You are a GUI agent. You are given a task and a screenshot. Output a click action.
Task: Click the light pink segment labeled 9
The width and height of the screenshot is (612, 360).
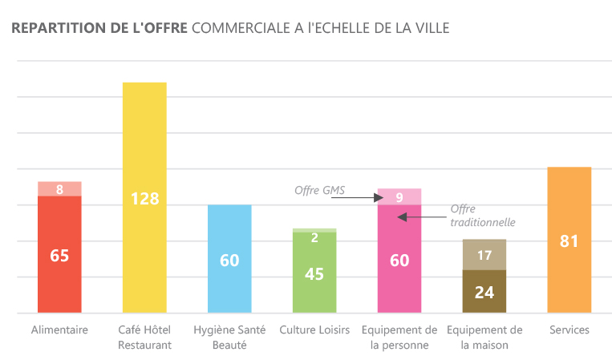[399, 196]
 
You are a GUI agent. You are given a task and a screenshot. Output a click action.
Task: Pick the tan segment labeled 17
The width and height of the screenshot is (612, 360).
[484, 255]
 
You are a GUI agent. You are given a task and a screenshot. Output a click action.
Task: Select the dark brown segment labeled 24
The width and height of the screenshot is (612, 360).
[484, 292]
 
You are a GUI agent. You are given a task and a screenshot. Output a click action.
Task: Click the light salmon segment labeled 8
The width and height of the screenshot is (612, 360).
[59, 189]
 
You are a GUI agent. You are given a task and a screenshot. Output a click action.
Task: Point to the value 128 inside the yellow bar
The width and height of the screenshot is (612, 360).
[144, 198]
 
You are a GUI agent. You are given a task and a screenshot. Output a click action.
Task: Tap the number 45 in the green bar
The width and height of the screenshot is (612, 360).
[314, 273]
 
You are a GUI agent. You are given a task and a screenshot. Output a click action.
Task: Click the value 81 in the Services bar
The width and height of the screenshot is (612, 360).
[569, 241]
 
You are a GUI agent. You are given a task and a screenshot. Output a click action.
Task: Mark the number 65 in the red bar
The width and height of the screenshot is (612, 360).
[59, 256]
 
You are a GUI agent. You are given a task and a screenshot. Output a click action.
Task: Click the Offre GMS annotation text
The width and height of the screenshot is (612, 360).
[320, 191]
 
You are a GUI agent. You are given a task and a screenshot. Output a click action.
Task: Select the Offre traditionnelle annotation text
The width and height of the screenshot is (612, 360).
[482, 216]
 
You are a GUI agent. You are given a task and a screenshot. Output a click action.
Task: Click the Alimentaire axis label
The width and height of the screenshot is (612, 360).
[59, 330]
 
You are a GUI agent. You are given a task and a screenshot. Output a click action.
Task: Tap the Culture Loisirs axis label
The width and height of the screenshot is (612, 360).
[314, 330]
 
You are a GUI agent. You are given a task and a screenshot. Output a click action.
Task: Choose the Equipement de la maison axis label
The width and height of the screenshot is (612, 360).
[484, 338]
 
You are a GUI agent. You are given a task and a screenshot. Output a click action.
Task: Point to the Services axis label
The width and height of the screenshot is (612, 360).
[569, 330]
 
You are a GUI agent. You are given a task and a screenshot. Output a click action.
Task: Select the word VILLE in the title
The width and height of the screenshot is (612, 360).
[432, 29]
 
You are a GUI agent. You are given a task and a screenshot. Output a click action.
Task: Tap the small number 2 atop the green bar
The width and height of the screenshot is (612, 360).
[314, 237]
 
